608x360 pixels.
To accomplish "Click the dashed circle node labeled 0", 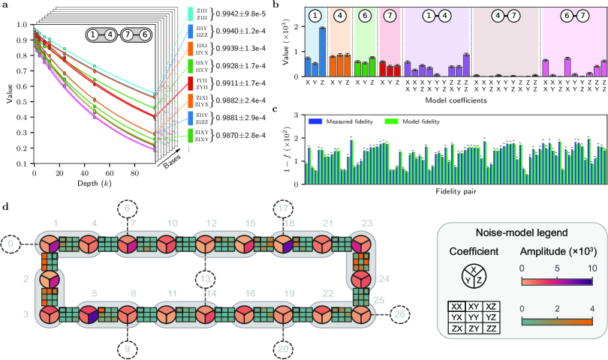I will click(x=10, y=244).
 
